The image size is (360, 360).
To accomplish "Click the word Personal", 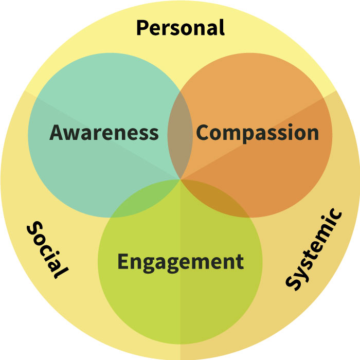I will [x=180, y=27].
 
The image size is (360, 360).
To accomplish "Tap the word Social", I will [x=47, y=250].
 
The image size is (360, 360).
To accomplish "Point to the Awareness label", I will [x=104, y=133].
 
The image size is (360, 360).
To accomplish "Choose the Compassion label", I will [x=258, y=133].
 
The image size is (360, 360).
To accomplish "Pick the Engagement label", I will [x=180, y=261].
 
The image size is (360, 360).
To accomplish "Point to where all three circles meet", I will [x=180, y=178].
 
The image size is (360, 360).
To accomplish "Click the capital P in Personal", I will [x=142, y=27].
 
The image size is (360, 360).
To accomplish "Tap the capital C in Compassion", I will [x=203, y=133].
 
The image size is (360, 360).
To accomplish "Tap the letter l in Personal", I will [x=222, y=27].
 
